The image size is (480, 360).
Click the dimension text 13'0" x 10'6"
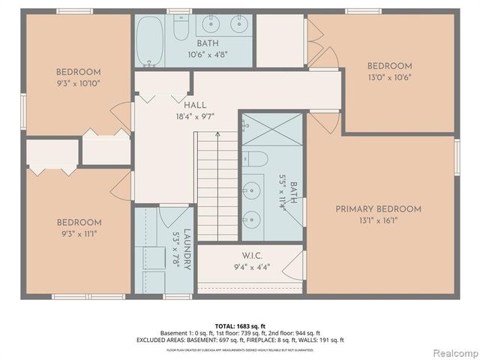389,76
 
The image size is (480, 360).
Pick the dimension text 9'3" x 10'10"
78,83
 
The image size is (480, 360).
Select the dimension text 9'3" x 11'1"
78,233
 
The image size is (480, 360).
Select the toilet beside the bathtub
181,28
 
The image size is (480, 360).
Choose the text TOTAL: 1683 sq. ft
240,325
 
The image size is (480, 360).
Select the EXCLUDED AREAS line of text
240,340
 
